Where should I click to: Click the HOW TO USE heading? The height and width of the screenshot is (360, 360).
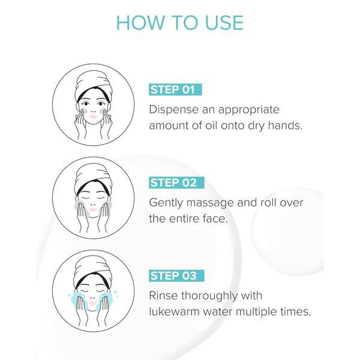tap(180, 23)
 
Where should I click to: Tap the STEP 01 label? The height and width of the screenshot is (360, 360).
tap(175, 89)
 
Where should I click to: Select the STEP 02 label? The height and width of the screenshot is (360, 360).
tap(176, 183)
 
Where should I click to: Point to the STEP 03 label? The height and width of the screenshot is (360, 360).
tap(176, 275)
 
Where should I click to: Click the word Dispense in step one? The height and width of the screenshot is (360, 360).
tap(174, 110)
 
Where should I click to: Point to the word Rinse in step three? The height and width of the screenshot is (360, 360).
tap(163, 295)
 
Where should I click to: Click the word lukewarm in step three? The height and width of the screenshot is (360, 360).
tap(175, 311)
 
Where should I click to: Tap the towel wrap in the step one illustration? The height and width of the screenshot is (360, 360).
tap(94, 85)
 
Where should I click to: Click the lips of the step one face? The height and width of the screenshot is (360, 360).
tap(93, 116)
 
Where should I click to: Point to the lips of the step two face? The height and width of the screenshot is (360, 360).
tap(93, 209)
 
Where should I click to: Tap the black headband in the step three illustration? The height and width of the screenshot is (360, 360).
tap(92, 278)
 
